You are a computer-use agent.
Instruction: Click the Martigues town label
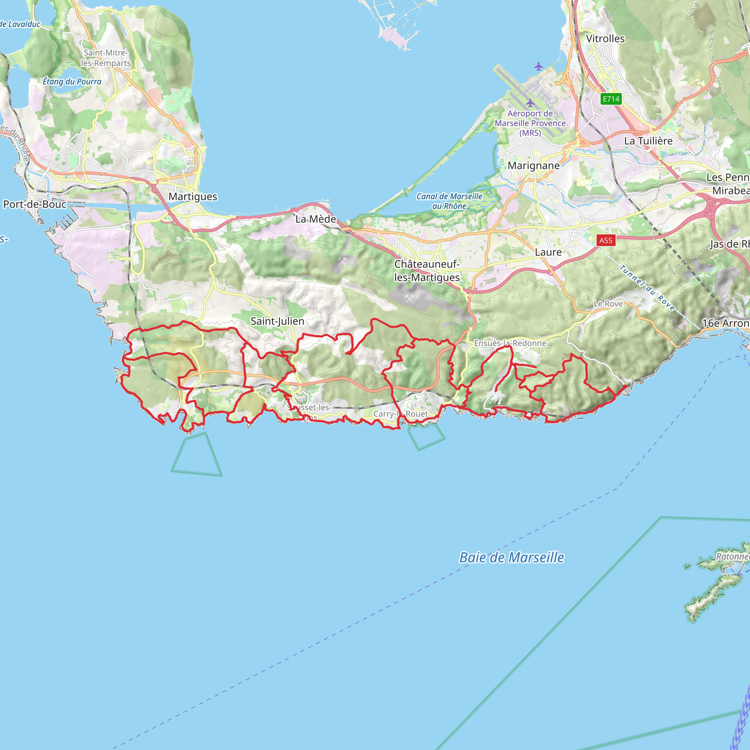pyautogui.click(x=193, y=196)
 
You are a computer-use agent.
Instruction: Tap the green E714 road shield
pyautogui.click(x=611, y=99)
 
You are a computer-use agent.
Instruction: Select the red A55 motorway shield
pyautogui.click(x=606, y=240)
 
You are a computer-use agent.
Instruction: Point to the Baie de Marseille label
pyautogui.click(x=512, y=557)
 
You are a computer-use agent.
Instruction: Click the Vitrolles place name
pyautogui.click(x=605, y=39)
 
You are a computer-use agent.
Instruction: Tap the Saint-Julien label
pyautogui.click(x=277, y=321)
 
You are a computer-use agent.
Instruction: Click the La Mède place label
pyautogui.click(x=316, y=219)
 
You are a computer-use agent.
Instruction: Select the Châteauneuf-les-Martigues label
pyautogui.click(x=427, y=271)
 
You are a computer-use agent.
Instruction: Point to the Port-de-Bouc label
pyautogui.click(x=35, y=204)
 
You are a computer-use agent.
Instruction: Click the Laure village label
pyautogui.click(x=548, y=252)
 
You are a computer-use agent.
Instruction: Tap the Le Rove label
pyautogui.click(x=608, y=304)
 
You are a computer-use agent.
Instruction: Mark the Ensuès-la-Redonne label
pyautogui.click(x=510, y=343)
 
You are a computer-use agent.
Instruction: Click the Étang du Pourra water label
pyautogui.click(x=72, y=82)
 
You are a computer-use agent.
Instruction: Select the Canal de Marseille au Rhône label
pyautogui.click(x=449, y=201)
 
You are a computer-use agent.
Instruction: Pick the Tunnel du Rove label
pyautogui.click(x=647, y=287)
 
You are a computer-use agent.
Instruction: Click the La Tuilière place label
pyautogui.click(x=648, y=141)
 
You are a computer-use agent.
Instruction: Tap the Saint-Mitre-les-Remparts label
pyautogui.click(x=105, y=58)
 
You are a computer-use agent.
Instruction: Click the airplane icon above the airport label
pyautogui.click(x=530, y=103)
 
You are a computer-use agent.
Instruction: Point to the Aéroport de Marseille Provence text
pyautogui.click(x=530, y=123)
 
